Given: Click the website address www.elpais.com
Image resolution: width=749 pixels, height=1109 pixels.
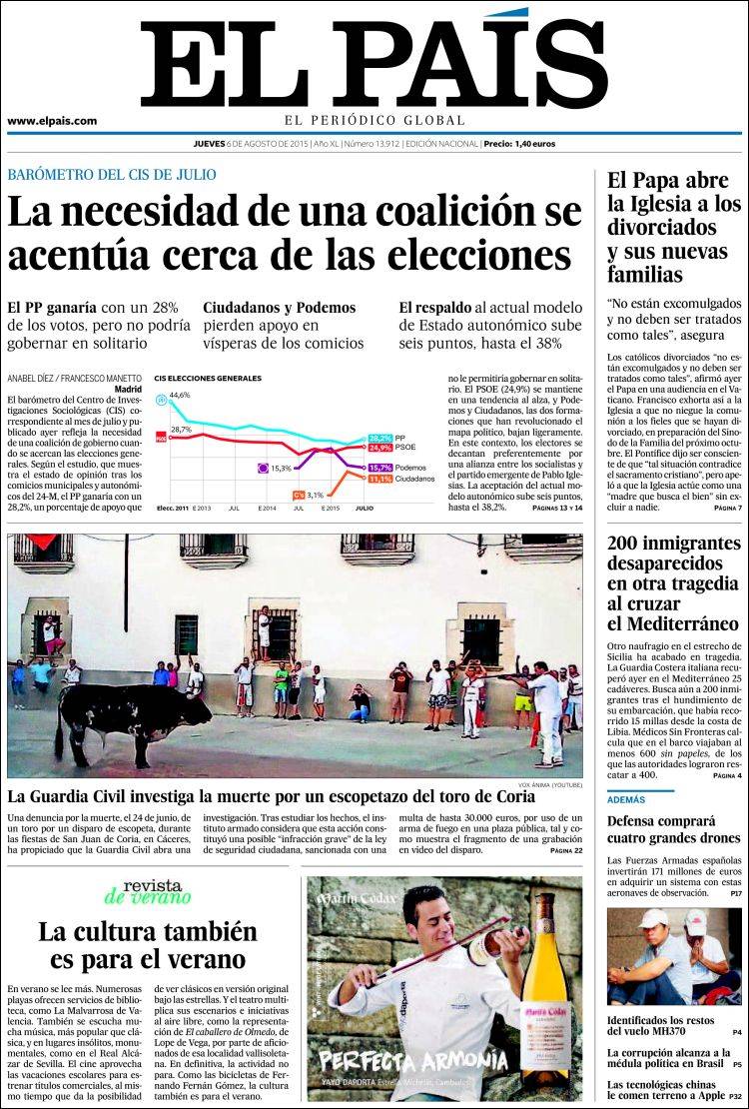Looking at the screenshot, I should coord(52,121).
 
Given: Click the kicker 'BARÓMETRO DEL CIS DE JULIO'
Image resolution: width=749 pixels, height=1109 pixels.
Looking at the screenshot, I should coord(112,174).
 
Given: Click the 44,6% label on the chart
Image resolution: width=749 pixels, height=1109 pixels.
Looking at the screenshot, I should coord(180,396).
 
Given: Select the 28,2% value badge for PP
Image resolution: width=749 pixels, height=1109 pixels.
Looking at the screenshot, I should coord(379,439).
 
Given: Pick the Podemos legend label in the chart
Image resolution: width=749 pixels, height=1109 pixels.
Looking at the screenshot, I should coord(411,468).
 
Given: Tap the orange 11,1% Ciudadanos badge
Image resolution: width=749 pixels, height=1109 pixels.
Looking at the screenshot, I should coord(379,480).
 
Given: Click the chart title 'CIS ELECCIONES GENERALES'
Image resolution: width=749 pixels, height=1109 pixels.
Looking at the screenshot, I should coord(208,379).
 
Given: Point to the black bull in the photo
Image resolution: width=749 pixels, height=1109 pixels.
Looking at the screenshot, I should coord(130,714).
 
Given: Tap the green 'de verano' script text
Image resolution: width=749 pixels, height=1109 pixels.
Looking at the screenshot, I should coord(148,896).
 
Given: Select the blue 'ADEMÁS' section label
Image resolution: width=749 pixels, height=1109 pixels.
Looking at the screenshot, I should coord(626,800).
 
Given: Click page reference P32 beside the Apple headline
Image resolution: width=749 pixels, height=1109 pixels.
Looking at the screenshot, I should coord(734,1096).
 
